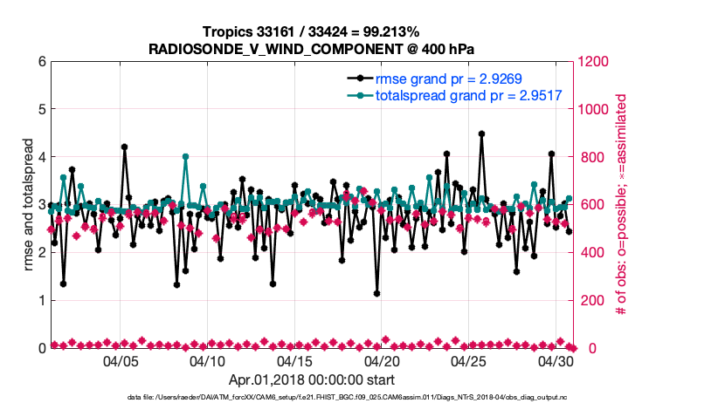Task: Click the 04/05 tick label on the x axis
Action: (121, 361)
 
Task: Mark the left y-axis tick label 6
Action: (41, 62)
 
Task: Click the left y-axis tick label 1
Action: (41, 301)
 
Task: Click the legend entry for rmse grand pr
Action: (448, 79)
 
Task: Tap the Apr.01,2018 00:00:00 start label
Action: (311, 380)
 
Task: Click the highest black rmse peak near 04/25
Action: (481, 134)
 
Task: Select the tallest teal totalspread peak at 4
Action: (185, 157)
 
